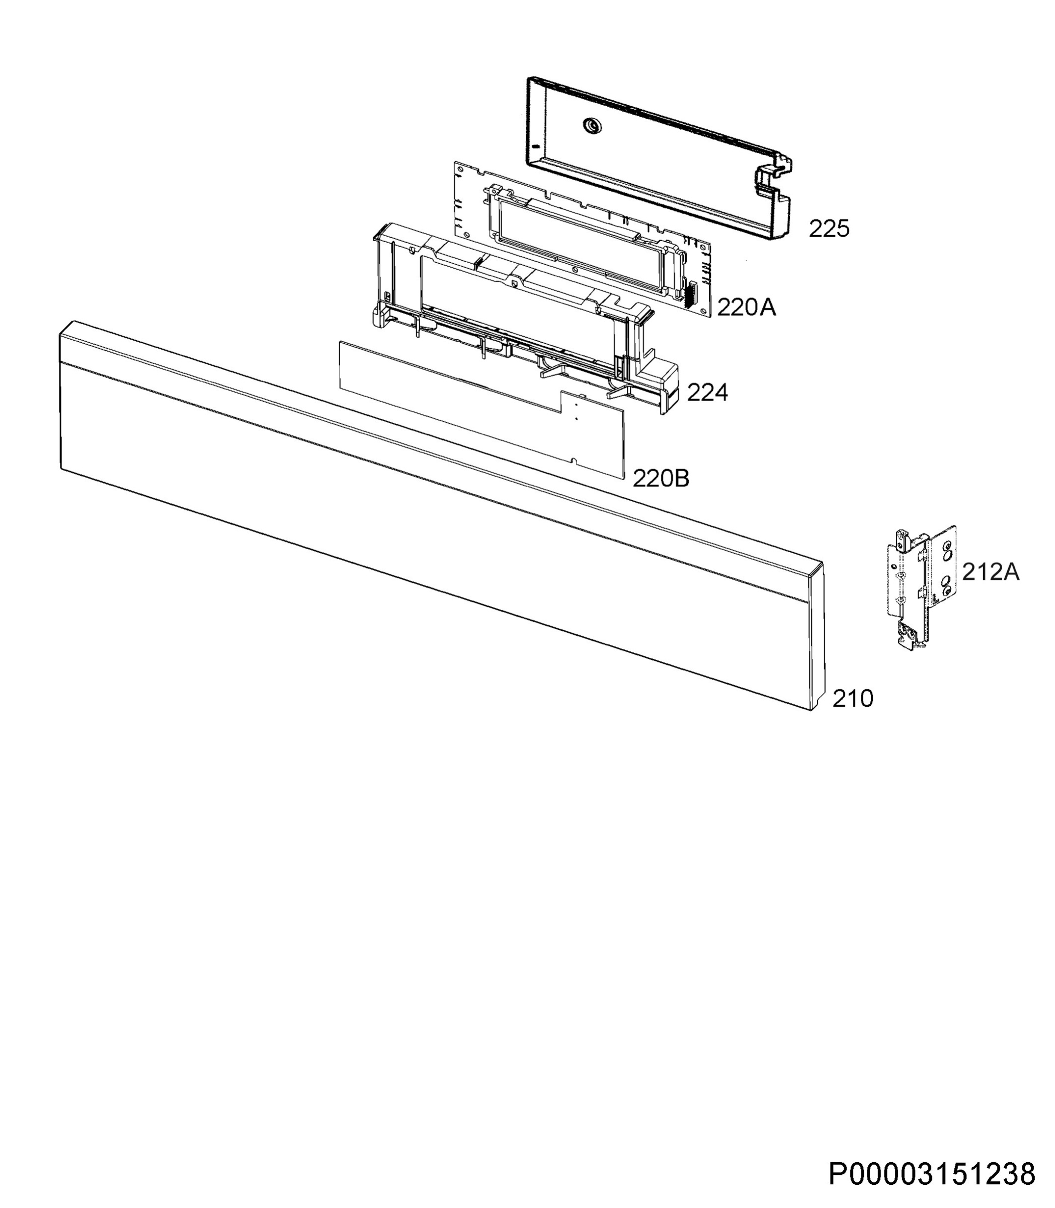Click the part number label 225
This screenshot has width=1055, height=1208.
pyautogui.click(x=829, y=229)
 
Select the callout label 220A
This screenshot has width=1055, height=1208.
pyautogui.click(x=746, y=307)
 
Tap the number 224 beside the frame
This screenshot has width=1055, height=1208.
pyautogui.click(x=708, y=392)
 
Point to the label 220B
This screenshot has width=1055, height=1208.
pyautogui.click(x=661, y=478)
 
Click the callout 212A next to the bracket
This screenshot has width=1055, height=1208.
pyautogui.click(x=991, y=571)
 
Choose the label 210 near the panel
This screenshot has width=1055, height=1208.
pyautogui.click(x=852, y=699)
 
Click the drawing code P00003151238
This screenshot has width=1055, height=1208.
pyautogui.click(x=932, y=1174)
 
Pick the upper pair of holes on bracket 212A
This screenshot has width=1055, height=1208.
pyautogui.click(x=946, y=550)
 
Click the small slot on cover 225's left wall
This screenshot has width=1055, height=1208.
pyautogui.click(x=535, y=145)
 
